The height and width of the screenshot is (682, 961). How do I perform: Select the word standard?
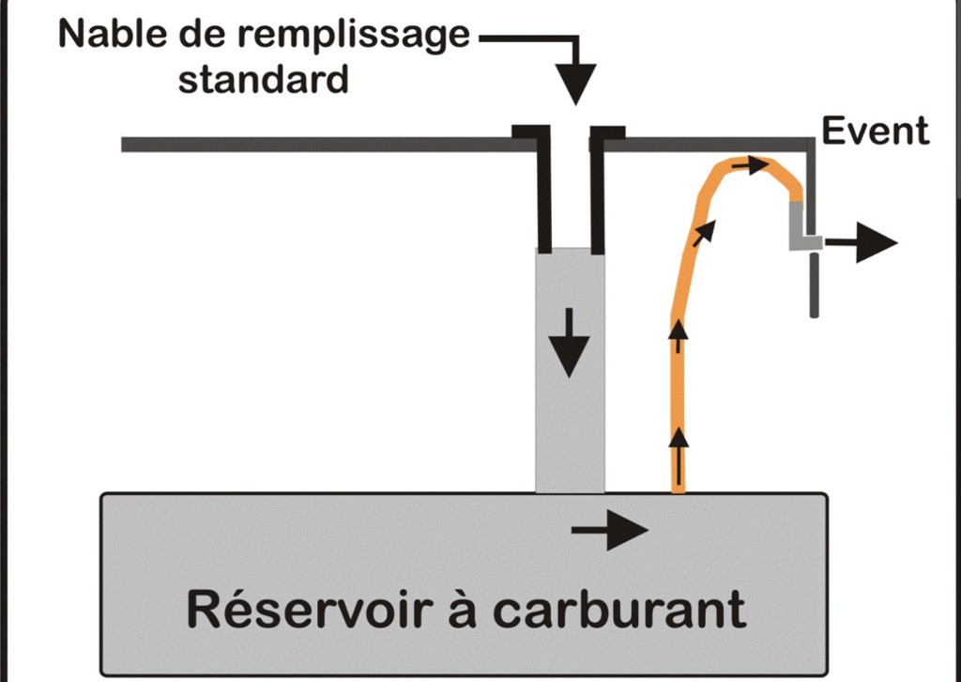tap(263, 79)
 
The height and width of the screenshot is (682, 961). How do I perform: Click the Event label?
tap(876, 132)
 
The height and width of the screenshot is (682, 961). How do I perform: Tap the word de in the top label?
tap(211, 35)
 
